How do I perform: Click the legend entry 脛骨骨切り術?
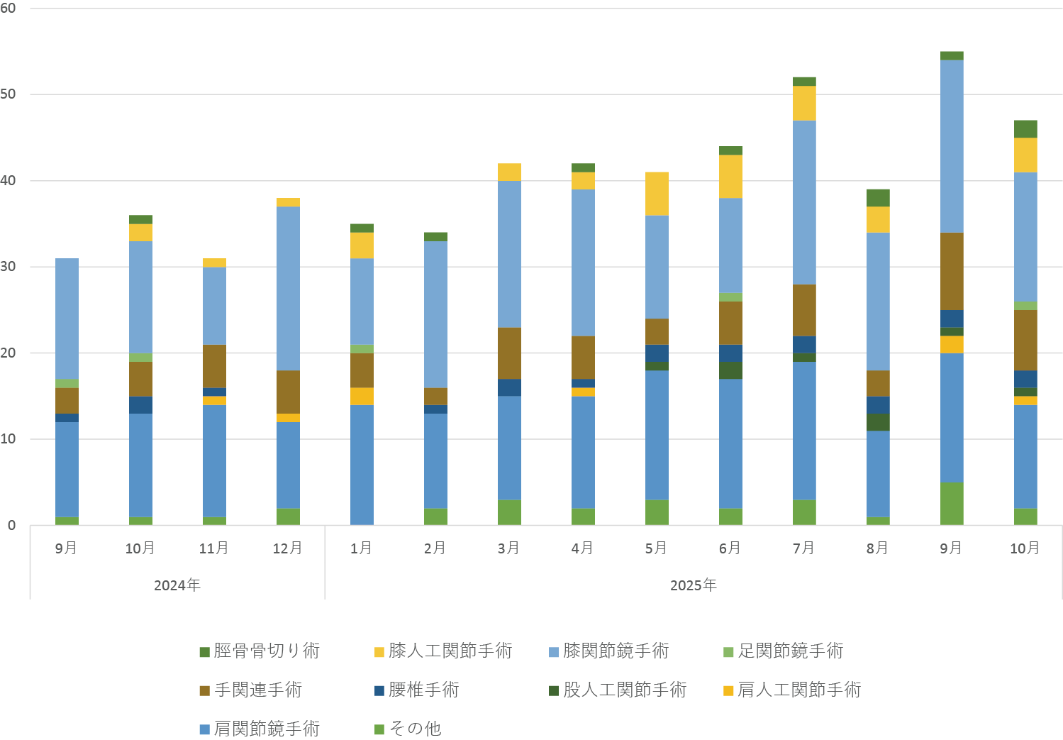tap(267, 651)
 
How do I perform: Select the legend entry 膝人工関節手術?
tap(450, 651)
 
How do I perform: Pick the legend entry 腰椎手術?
tap(423, 690)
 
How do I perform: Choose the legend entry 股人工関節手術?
tap(625, 690)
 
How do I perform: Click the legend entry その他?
tap(415, 729)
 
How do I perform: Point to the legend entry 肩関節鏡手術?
tap(267, 729)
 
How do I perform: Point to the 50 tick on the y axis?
tap(9, 94)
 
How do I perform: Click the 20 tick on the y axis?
tap(9, 353)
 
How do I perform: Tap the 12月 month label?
tap(287, 548)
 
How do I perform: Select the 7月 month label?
tap(803, 548)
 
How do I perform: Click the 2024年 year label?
tap(177, 585)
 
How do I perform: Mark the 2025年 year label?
tap(694, 585)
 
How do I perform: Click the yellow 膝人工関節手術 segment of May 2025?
tap(657, 194)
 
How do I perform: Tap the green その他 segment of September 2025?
tap(952, 504)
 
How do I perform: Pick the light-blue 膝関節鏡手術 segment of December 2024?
tap(288, 288)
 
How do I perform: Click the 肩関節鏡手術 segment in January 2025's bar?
tap(362, 465)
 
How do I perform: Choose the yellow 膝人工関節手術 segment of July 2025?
tap(804, 104)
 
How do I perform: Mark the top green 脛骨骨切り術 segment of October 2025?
tap(1025, 129)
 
